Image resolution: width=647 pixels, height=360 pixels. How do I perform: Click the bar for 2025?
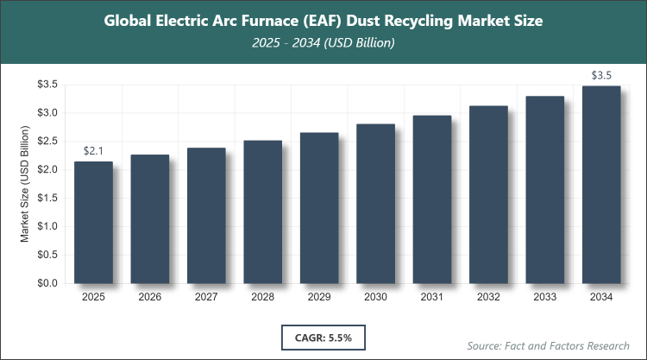[x=93, y=223]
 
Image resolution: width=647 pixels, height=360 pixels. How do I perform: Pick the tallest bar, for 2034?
[x=601, y=185]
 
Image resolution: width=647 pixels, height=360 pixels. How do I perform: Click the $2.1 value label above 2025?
[x=93, y=151]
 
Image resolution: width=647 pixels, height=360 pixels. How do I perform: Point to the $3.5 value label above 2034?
[x=601, y=75]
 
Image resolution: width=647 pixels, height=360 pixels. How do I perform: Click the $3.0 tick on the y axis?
[x=47, y=113]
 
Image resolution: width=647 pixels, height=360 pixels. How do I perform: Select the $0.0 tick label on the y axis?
[x=47, y=283]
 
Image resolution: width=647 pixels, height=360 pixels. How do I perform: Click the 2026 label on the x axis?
[x=150, y=298]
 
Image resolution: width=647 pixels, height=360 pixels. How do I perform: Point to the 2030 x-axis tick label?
[x=375, y=298]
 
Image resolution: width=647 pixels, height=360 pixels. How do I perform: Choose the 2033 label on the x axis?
[x=545, y=298]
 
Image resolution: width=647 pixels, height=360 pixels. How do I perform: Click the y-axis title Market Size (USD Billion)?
[x=25, y=184]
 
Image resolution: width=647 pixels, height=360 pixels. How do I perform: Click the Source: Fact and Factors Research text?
[x=549, y=345]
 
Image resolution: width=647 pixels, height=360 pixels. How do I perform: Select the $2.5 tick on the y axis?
[x=47, y=142]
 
